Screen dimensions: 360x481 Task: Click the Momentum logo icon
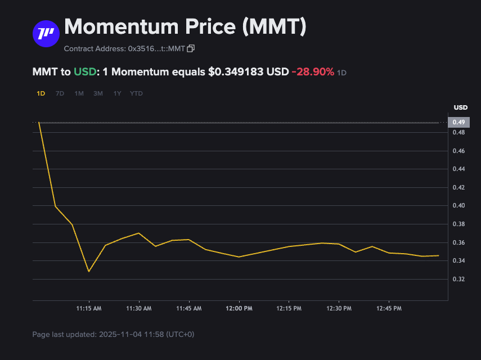point(46,34)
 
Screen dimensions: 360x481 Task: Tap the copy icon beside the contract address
point(191,49)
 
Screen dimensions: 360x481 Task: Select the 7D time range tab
point(60,93)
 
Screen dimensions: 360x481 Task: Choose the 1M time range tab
point(79,93)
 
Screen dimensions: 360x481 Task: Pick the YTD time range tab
point(136,93)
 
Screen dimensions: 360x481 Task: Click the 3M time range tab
point(98,93)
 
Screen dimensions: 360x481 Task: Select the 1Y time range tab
point(117,93)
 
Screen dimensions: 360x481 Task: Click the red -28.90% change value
point(312,72)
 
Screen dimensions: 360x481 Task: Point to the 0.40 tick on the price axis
point(459,206)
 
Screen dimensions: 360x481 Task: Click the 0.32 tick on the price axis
point(459,280)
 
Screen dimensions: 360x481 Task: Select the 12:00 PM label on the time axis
point(239,309)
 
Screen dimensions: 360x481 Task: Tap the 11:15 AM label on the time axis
point(89,309)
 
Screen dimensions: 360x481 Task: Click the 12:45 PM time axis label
point(389,309)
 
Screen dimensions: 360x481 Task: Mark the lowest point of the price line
point(88,272)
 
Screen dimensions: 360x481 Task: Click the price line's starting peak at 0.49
point(39,123)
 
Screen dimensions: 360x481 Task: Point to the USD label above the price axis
point(460,107)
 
